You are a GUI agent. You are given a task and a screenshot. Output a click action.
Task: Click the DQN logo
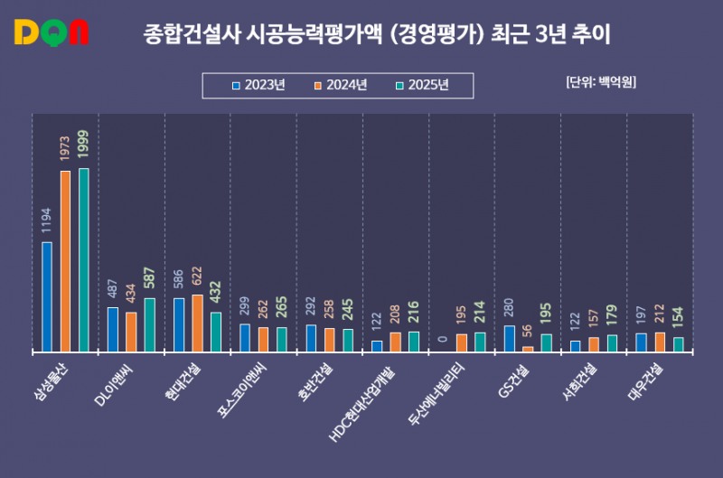tap(52, 33)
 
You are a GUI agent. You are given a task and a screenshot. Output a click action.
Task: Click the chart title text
tap(378, 35)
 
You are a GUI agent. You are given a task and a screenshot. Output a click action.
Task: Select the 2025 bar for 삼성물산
tap(84, 259)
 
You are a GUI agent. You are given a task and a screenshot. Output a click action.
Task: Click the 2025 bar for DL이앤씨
tap(150, 324)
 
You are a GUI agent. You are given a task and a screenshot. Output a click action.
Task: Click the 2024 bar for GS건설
tap(528, 348)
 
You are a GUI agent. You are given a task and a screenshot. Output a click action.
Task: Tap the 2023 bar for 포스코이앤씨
tap(245, 337)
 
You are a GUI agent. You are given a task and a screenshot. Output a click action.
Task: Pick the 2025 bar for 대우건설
tap(679, 343)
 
